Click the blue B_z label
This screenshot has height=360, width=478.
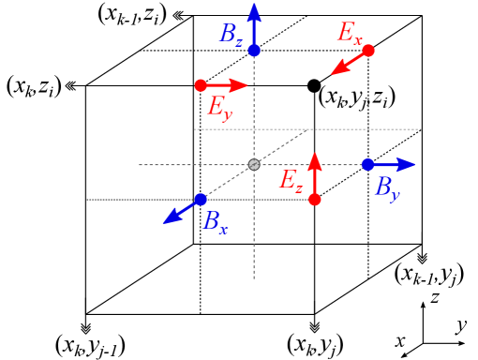[231, 35]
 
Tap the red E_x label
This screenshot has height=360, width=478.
[349, 34]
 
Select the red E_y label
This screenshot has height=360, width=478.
[218, 107]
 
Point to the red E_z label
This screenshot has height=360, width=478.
[291, 181]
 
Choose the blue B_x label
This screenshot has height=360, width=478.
[216, 222]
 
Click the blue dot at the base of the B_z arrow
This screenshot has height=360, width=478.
[254, 51]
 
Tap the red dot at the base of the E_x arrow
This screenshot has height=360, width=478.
[368, 51]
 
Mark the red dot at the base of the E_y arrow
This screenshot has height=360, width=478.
[201, 85]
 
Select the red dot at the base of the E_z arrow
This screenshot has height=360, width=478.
[315, 199]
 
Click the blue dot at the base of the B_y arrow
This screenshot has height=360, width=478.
[368, 165]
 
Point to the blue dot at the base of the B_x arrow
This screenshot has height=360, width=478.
[201, 199]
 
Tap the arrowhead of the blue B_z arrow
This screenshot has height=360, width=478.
[254, 10]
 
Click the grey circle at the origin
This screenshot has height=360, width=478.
[254, 165]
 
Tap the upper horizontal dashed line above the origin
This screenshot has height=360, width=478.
[375, 129]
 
